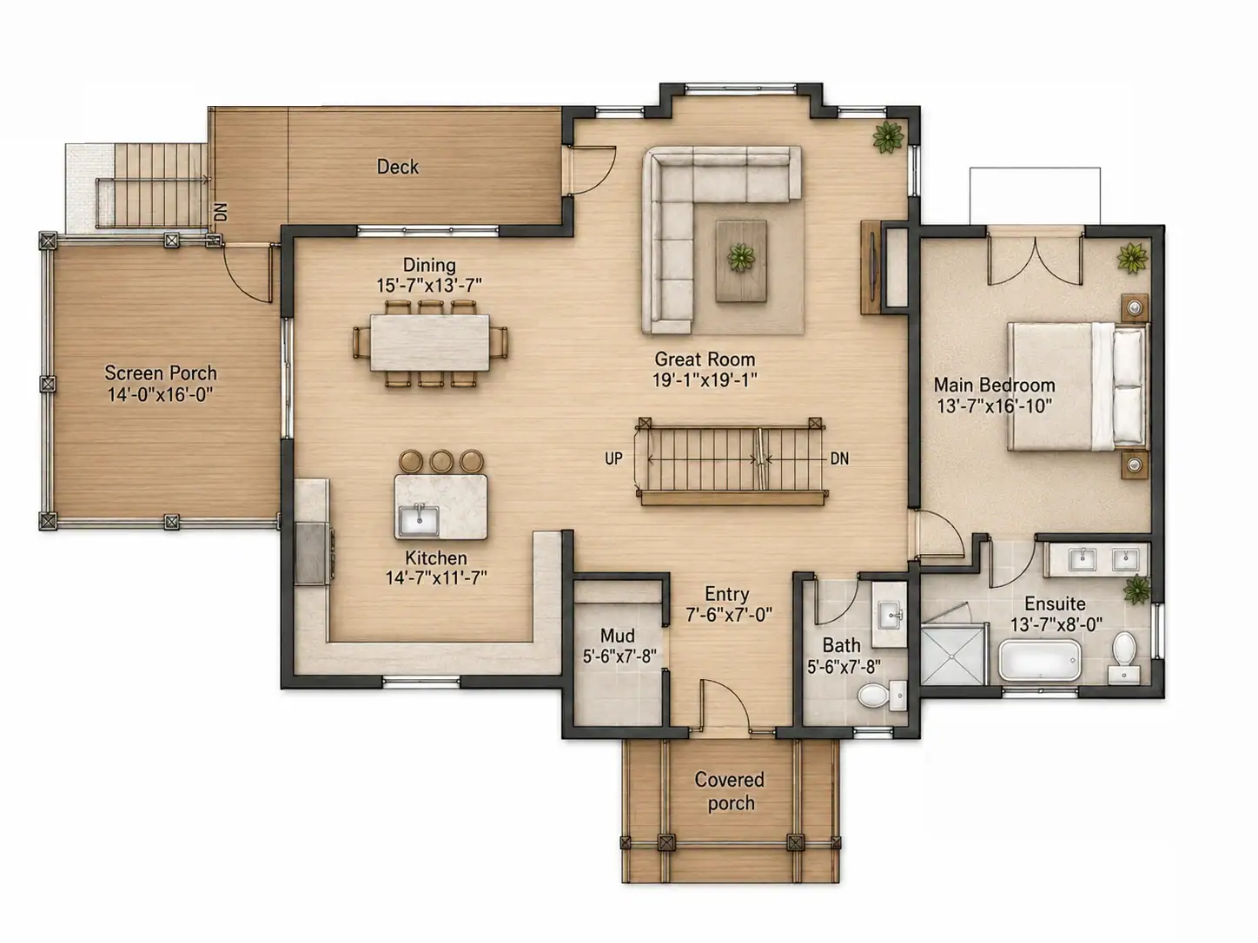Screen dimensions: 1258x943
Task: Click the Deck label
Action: tap(397, 167)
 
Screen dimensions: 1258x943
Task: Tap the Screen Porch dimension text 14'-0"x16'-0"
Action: tap(161, 394)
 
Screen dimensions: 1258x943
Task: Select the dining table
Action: tap(430, 342)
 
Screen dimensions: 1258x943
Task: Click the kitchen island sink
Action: tap(419, 520)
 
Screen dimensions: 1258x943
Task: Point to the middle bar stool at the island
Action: tap(441, 461)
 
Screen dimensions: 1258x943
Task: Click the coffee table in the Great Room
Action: tap(742, 260)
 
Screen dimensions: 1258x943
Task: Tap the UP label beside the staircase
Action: tap(613, 458)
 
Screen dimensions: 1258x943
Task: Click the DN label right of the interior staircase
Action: tap(839, 458)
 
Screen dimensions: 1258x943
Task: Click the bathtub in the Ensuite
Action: tap(1040, 660)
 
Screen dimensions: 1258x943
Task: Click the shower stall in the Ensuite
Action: tap(954, 655)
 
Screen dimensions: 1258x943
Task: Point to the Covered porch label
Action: tap(730, 791)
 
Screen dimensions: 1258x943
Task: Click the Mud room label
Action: tap(617, 636)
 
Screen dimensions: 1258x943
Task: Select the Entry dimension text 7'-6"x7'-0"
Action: tap(729, 615)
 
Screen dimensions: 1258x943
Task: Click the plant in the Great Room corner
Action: tap(888, 137)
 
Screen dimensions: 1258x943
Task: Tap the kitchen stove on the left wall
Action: tap(313, 553)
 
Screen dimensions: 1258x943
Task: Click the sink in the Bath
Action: tap(889, 615)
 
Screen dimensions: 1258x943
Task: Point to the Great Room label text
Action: tap(705, 359)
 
